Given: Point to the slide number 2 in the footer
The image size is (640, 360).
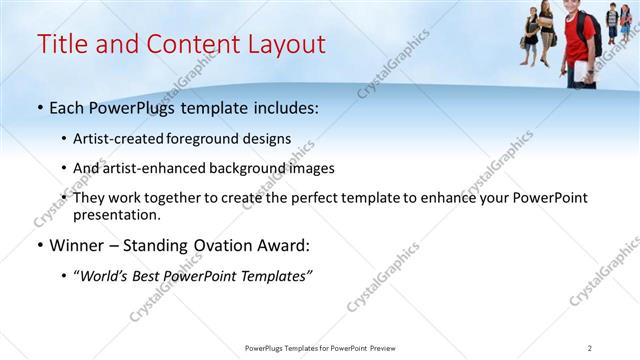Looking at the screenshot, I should point(589,348).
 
